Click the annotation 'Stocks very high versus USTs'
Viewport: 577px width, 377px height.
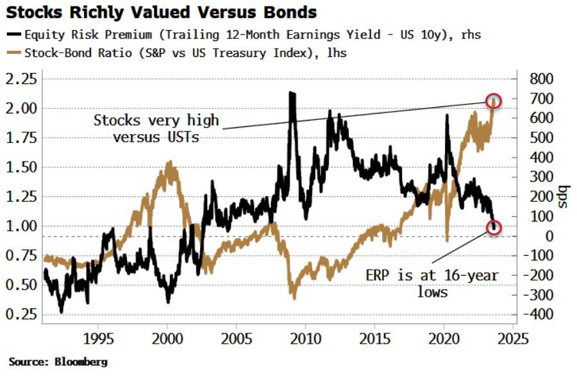[x=156, y=128]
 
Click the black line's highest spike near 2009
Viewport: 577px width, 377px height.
[x=292, y=94]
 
